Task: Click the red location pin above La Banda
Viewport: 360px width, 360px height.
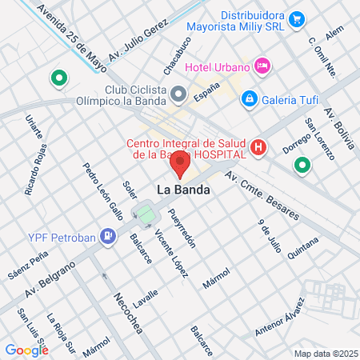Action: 180,166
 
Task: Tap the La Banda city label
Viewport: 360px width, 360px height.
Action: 183,191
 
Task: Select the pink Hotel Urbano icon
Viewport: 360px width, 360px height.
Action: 261,65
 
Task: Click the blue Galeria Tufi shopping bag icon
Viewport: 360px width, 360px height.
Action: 249,98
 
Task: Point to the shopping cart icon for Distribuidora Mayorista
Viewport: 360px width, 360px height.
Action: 297,18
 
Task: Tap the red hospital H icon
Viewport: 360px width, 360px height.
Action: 258,147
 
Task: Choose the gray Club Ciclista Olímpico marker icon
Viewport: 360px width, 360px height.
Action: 178,95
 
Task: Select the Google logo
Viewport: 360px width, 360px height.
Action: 26,350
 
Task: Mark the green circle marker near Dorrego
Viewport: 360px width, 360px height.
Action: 302,166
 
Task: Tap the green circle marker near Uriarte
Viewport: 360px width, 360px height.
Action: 58,78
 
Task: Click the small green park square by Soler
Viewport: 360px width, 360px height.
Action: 145,214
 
